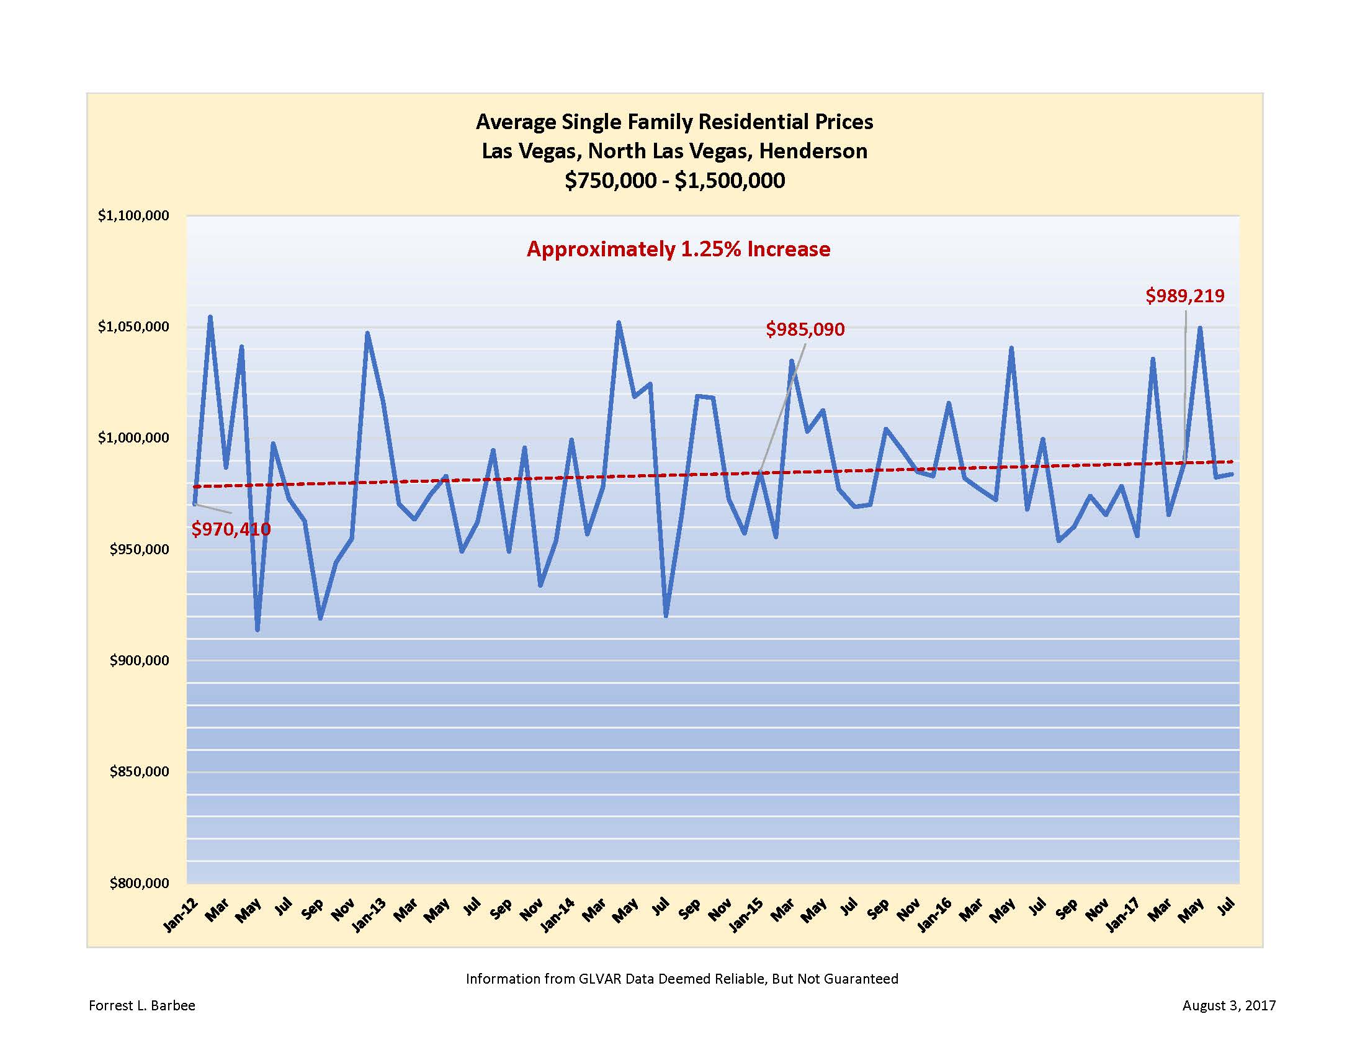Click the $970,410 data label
click(231, 529)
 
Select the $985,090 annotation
click(805, 330)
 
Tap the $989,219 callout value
click(1184, 295)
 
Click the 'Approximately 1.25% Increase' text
click(678, 249)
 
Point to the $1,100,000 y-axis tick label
click(133, 215)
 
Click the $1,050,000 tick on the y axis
click(133, 327)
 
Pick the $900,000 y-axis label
click(139, 661)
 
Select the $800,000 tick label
click(139, 883)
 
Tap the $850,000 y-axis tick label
click(139, 772)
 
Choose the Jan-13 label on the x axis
click(369, 915)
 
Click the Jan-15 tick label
click(746, 915)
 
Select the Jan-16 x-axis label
click(934, 915)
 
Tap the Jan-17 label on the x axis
click(1123, 915)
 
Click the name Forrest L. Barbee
click(142, 1005)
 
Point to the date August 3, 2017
click(1228, 1005)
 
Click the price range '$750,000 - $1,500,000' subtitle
click(674, 181)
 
